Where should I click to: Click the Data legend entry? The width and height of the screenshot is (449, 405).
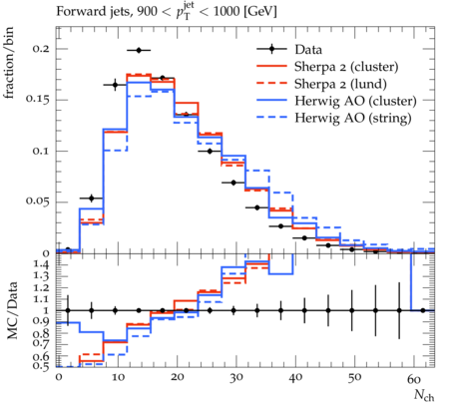pyautogui.click(x=308, y=50)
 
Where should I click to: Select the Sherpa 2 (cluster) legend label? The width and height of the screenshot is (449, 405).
pyautogui.click(x=346, y=67)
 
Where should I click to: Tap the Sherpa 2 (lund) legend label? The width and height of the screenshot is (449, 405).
pyautogui.click(x=340, y=84)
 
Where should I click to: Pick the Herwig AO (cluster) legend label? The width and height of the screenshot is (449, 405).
pyautogui.click(x=355, y=101)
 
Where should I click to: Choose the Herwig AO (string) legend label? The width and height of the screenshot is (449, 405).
pyautogui.click(x=353, y=118)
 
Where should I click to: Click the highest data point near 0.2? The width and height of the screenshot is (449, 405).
pyautogui.click(x=139, y=50)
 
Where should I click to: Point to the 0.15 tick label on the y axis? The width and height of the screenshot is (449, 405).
pyautogui.click(x=38, y=100)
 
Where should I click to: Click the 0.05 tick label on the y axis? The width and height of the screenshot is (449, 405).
pyautogui.click(x=38, y=202)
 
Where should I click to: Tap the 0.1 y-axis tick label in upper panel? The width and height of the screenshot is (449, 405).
pyautogui.click(x=41, y=151)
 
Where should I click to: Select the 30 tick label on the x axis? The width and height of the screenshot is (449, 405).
pyautogui.click(x=236, y=378)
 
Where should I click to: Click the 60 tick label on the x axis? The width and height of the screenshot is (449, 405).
pyautogui.click(x=414, y=378)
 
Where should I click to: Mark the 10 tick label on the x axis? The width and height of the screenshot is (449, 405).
pyautogui.click(x=118, y=378)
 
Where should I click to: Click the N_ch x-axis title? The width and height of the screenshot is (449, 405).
pyautogui.click(x=424, y=395)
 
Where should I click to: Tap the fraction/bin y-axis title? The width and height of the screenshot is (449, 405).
pyautogui.click(x=9, y=63)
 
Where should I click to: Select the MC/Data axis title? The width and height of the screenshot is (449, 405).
pyautogui.click(x=12, y=310)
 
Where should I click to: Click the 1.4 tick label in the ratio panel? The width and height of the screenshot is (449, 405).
pyautogui.click(x=42, y=265)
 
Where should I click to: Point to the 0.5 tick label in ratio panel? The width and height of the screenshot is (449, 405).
pyautogui.click(x=42, y=366)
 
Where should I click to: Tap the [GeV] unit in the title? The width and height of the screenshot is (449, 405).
pyautogui.click(x=259, y=11)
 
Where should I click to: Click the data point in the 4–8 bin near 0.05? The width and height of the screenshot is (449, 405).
pyautogui.click(x=92, y=199)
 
